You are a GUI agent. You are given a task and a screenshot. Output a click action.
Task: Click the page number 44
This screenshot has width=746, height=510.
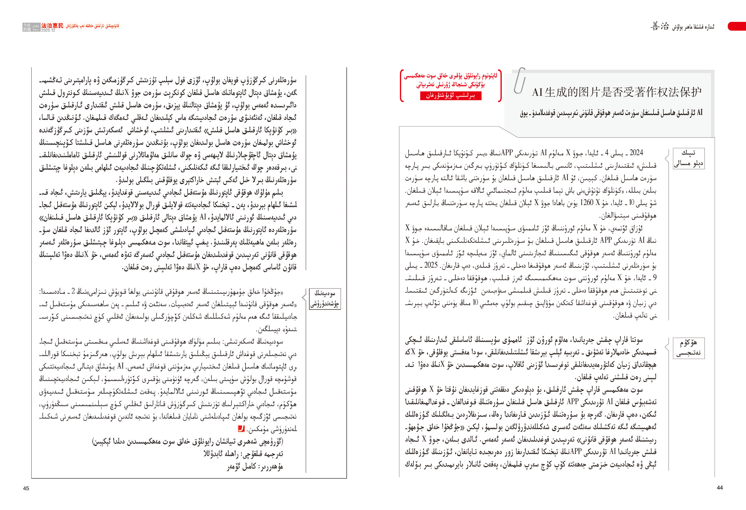click(720, 487)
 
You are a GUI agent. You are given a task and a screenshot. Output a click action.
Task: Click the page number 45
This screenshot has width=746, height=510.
click(26, 488)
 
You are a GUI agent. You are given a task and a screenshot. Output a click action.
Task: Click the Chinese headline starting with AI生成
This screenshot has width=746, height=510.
click(616, 92)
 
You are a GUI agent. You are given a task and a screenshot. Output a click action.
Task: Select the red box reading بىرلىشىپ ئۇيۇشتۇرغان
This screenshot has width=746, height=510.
click(450, 96)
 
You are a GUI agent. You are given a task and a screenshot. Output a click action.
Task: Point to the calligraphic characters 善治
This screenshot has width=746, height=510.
click(660, 26)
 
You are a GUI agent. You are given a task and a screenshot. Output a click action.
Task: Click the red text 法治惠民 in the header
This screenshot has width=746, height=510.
click(52, 26)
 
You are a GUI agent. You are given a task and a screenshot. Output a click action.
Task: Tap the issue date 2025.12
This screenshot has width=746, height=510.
click(48, 30)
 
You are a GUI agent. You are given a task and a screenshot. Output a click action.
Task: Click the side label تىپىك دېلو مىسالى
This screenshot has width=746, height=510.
click(688, 158)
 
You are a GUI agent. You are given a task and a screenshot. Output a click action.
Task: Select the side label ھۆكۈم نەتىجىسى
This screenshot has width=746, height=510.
click(688, 348)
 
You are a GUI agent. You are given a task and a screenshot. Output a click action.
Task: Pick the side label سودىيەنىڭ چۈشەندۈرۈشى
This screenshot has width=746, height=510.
click(325, 299)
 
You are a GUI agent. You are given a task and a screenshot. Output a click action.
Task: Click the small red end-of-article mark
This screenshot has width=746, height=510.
click(241, 428)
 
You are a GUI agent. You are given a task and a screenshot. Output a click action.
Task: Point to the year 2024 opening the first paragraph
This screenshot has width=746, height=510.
click(636, 152)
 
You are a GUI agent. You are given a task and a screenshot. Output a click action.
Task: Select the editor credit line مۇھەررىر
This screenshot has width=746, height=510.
click(255, 466)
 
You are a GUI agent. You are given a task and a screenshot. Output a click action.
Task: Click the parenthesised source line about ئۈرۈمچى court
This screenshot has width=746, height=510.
click(188, 441)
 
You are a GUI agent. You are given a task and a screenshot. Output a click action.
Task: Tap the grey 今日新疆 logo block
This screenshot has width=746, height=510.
click(31, 27)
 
